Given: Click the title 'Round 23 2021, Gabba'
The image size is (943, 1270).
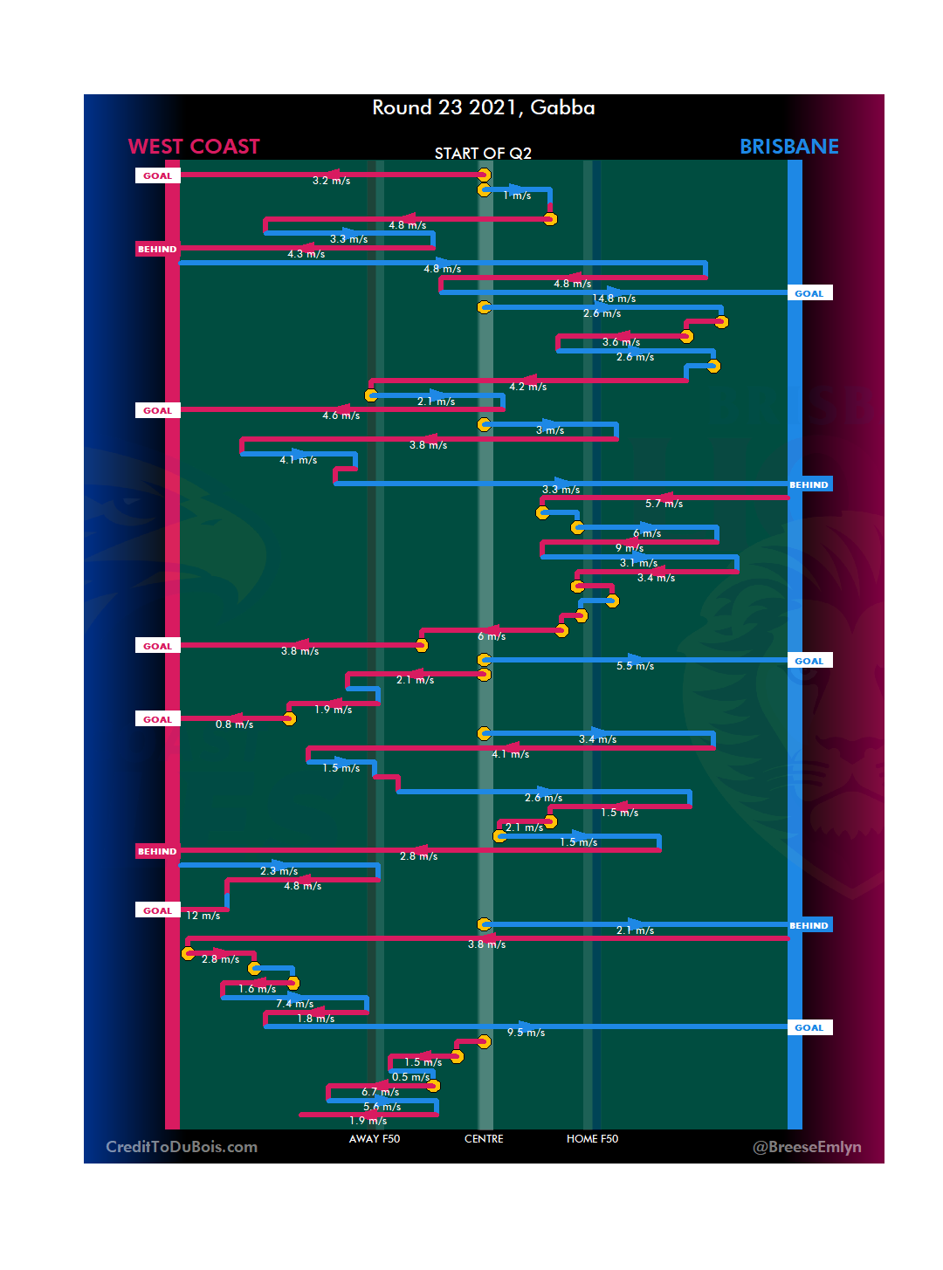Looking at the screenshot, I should tap(483, 107).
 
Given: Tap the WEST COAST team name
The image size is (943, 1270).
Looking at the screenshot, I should tap(194, 147).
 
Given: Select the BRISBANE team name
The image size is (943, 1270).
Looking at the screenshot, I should tap(788, 147).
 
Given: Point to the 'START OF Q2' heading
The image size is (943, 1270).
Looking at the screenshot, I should tap(483, 154).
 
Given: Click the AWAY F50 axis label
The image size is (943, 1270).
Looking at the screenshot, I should tap(374, 1139).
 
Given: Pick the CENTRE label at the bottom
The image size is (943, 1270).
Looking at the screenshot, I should tap(484, 1139).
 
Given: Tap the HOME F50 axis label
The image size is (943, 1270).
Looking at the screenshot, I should tap(592, 1139).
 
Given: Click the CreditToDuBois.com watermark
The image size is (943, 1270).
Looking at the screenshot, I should tap(182, 1147).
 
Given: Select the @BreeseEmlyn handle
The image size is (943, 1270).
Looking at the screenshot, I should tap(807, 1147).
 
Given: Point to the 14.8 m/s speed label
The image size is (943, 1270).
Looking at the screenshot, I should tap(615, 299).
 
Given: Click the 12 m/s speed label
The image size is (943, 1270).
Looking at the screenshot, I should tap(203, 916).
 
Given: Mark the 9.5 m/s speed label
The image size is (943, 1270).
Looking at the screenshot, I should tap(526, 1033).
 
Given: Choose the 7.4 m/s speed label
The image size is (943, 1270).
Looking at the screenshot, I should tap(295, 1004).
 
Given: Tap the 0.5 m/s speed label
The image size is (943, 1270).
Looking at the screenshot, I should tap(410, 1077).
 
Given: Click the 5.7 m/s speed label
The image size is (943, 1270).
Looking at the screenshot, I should tap(664, 504).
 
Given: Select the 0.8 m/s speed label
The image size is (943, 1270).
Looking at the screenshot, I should tap(234, 724).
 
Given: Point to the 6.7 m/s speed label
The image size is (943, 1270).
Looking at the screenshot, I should tap(380, 1092).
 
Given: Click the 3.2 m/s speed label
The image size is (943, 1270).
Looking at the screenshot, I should tap(331, 181).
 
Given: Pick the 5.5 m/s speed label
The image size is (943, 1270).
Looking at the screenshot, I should tap(635, 666).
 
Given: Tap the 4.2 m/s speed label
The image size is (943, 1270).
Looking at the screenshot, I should tap(527, 387).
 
